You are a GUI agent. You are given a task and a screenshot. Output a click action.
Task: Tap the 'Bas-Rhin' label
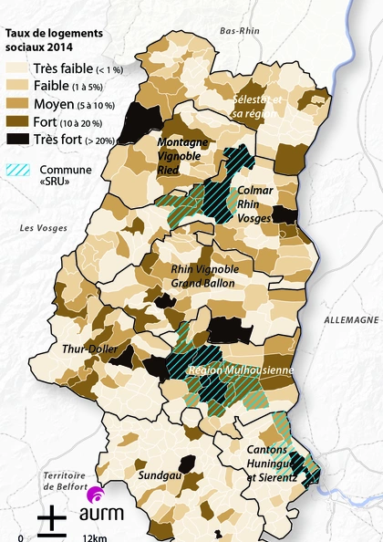241,31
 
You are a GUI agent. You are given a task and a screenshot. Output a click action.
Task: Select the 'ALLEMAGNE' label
350,320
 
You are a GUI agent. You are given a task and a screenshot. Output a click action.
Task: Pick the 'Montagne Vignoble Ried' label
182,155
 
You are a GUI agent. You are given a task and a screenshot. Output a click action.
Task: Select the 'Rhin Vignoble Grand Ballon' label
204,276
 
